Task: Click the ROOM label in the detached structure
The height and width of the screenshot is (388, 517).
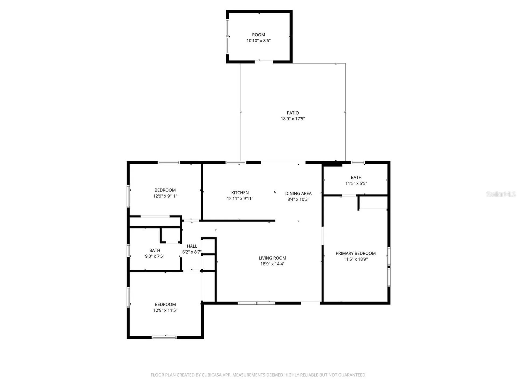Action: click(258, 35)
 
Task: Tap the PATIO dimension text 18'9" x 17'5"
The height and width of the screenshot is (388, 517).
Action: click(293, 119)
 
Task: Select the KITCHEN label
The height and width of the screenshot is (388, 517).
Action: click(240, 193)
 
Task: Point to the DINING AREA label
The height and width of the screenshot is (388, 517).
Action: click(298, 193)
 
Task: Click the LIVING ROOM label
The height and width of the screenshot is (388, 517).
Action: click(272, 258)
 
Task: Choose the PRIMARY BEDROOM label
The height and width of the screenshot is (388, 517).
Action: click(355, 253)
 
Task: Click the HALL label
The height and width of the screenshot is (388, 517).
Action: click(192, 246)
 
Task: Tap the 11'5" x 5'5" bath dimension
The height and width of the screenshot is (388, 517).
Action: click(356, 183)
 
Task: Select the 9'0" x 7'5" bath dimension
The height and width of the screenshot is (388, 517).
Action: click(155, 256)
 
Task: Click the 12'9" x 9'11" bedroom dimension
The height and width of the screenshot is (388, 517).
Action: click(165, 196)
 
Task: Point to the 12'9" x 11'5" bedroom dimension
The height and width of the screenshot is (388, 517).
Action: click(165, 310)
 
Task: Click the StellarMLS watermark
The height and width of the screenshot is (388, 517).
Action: click(501, 194)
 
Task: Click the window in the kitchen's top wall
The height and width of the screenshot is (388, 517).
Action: click(236, 162)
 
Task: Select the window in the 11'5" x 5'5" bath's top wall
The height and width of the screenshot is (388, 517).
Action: click(358, 162)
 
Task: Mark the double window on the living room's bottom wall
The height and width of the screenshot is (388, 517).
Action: click(256, 303)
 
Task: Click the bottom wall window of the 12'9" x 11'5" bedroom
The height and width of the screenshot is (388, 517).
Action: click(164, 337)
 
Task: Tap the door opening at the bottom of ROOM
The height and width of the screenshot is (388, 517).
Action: click(264, 62)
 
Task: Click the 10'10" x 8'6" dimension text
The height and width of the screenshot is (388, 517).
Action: click(258, 41)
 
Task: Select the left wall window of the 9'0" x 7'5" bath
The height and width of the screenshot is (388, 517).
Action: click(128, 251)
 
